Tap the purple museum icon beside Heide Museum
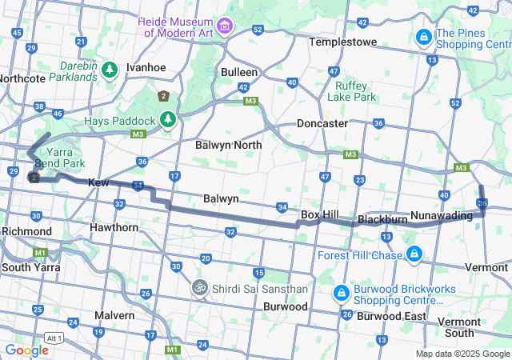[x=226, y=27]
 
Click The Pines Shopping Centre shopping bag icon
[x=422, y=37]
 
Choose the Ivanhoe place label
[x=146, y=67]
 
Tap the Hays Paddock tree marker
[x=167, y=120]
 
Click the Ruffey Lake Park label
[x=356, y=91]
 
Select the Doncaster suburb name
[x=322, y=124]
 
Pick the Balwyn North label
[x=228, y=145]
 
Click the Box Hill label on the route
[x=321, y=215]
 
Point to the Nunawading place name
[x=441, y=215]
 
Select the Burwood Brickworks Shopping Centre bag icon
[x=342, y=294]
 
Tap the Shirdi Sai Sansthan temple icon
[x=198, y=286]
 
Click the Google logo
[x=26, y=350]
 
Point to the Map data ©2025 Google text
[x=462, y=354]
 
